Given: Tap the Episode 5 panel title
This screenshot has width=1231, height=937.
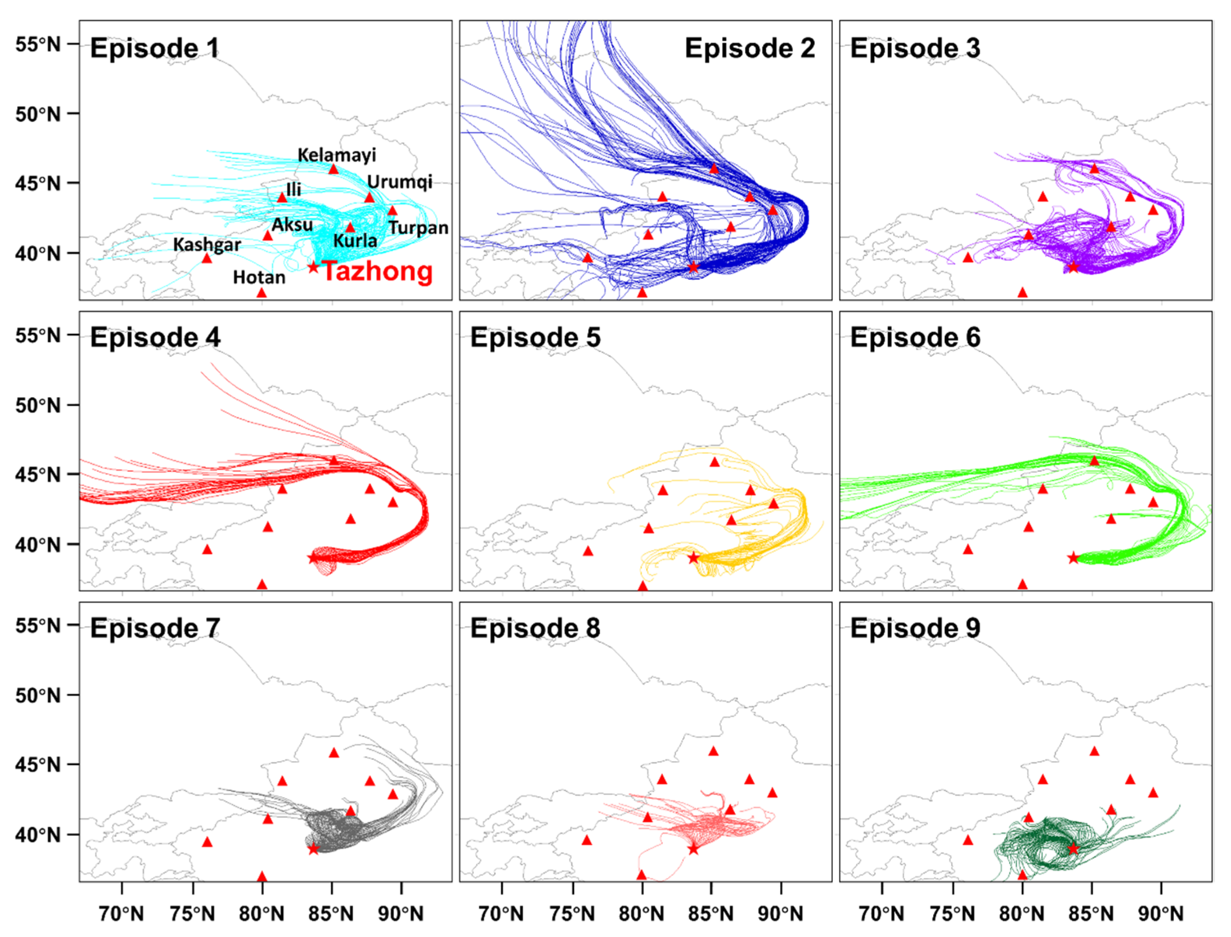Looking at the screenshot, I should (x=535, y=338).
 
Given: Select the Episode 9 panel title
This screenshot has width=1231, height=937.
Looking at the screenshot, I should (x=915, y=629).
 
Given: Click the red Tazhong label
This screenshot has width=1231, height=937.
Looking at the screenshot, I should (x=377, y=271).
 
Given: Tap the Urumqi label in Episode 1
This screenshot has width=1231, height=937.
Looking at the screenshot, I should (x=399, y=182).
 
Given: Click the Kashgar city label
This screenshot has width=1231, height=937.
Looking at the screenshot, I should (x=207, y=244).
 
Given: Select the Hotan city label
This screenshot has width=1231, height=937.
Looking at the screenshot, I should (x=259, y=277).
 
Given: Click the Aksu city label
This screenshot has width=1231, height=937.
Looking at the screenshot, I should (x=292, y=225).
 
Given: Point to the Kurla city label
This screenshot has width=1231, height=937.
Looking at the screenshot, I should (x=355, y=241).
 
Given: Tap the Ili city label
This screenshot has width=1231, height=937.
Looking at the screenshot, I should (x=294, y=189).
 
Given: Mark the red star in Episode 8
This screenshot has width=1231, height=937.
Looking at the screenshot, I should (x=693, y=849).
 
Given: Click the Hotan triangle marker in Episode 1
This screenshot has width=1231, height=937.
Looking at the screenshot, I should (x=262, y=292).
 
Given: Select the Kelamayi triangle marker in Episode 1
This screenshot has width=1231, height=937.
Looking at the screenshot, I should (x=334, y=168).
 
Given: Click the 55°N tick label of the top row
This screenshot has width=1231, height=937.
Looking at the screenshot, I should (x=38, y=44).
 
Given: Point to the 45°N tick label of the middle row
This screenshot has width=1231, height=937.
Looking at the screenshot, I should (x=38, y=475).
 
